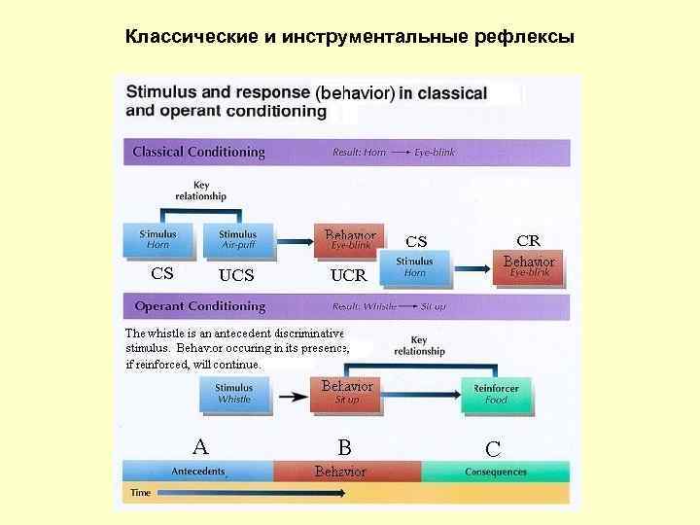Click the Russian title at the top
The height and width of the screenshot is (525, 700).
point(350,38)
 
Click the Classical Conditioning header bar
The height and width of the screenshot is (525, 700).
point(346,152)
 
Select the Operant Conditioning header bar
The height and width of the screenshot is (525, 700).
point(346,306)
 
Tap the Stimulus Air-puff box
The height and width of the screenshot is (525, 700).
point(237,240)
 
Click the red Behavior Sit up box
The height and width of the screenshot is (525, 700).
point(347,393)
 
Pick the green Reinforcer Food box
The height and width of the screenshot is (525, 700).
point(496,393)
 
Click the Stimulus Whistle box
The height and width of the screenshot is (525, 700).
point(233,393)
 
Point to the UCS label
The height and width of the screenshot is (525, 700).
point(236,275)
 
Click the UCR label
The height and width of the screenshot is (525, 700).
point(348,275)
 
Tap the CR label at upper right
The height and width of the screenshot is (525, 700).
point(529,240)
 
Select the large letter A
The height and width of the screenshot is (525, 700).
point(200,447)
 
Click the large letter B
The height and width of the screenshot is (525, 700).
point(344,448)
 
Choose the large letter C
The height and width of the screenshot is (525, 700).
point(493,449)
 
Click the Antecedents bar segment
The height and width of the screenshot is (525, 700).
point(198,472)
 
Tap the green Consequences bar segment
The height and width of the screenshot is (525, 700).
point(496,472)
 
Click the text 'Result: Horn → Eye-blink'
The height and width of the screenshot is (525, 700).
point(394,153)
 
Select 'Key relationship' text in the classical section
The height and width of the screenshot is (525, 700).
point(201,191)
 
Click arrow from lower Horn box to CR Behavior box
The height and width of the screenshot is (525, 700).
point(472,267)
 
